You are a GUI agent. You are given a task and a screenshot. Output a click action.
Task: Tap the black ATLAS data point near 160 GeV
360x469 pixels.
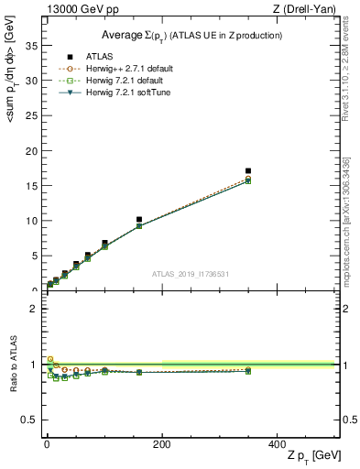138,220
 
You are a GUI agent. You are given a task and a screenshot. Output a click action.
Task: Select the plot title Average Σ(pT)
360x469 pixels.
191,35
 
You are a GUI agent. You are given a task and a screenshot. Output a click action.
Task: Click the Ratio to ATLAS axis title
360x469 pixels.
12,365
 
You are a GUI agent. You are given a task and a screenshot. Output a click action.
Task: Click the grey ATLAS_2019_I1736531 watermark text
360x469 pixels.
190,274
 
